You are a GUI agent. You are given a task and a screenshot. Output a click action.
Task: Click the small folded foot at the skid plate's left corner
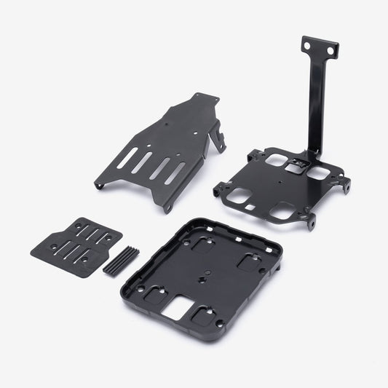[x=100, y=185]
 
